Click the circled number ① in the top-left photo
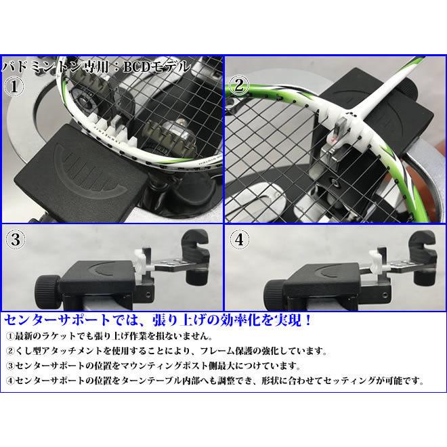15,87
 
